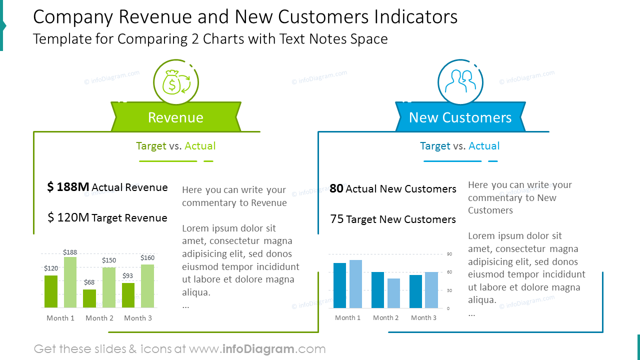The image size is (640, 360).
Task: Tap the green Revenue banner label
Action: coord(175,117)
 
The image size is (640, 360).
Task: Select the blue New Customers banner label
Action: coord(460,117)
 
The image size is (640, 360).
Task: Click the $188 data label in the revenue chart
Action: coord(70,252)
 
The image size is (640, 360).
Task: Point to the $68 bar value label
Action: coord(89,282)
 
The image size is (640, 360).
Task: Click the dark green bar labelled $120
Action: coord(51,291)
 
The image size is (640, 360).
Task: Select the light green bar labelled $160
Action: coord(147,286)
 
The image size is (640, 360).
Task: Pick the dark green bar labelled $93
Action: coord(128,295)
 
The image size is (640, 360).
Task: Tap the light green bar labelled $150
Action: coord(109,287)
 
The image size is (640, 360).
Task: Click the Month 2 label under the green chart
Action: coord(99,318)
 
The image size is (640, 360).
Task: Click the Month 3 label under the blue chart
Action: coord(423,317)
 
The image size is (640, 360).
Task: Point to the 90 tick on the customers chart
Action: coord(448,254)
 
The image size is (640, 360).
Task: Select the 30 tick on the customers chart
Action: coord(448,290)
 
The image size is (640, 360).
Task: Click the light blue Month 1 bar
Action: coord(355,284)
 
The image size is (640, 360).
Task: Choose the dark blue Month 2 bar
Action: coord(377,290)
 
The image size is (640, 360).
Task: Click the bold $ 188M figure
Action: coord(68,187)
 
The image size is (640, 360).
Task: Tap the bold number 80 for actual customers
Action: coord(336,188)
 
